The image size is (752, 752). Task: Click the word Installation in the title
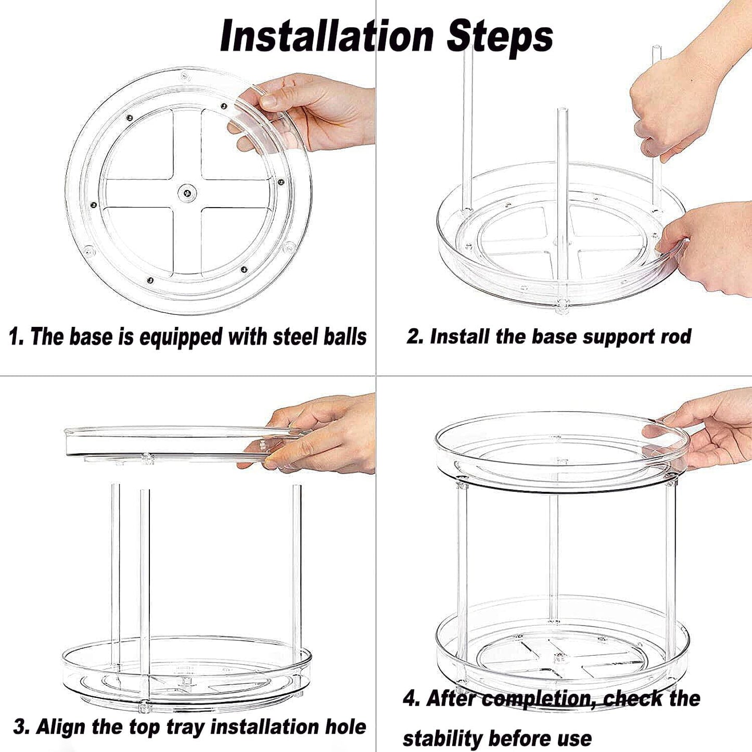tap(327, 36)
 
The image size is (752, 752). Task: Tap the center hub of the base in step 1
tap(187, 193)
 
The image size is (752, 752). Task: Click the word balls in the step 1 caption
tap(345, 337)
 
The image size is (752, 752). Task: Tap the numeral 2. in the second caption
tap(415, 336)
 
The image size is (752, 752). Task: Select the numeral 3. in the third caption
tap(21, 726)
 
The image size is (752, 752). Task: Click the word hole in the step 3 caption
tap(346, 726)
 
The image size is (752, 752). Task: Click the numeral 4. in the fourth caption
tap(412, 698)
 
